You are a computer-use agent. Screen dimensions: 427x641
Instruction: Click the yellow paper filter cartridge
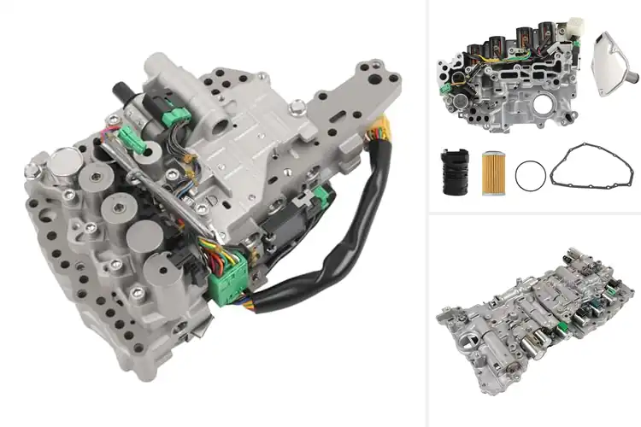pyautogui.click(x=494, y=173)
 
